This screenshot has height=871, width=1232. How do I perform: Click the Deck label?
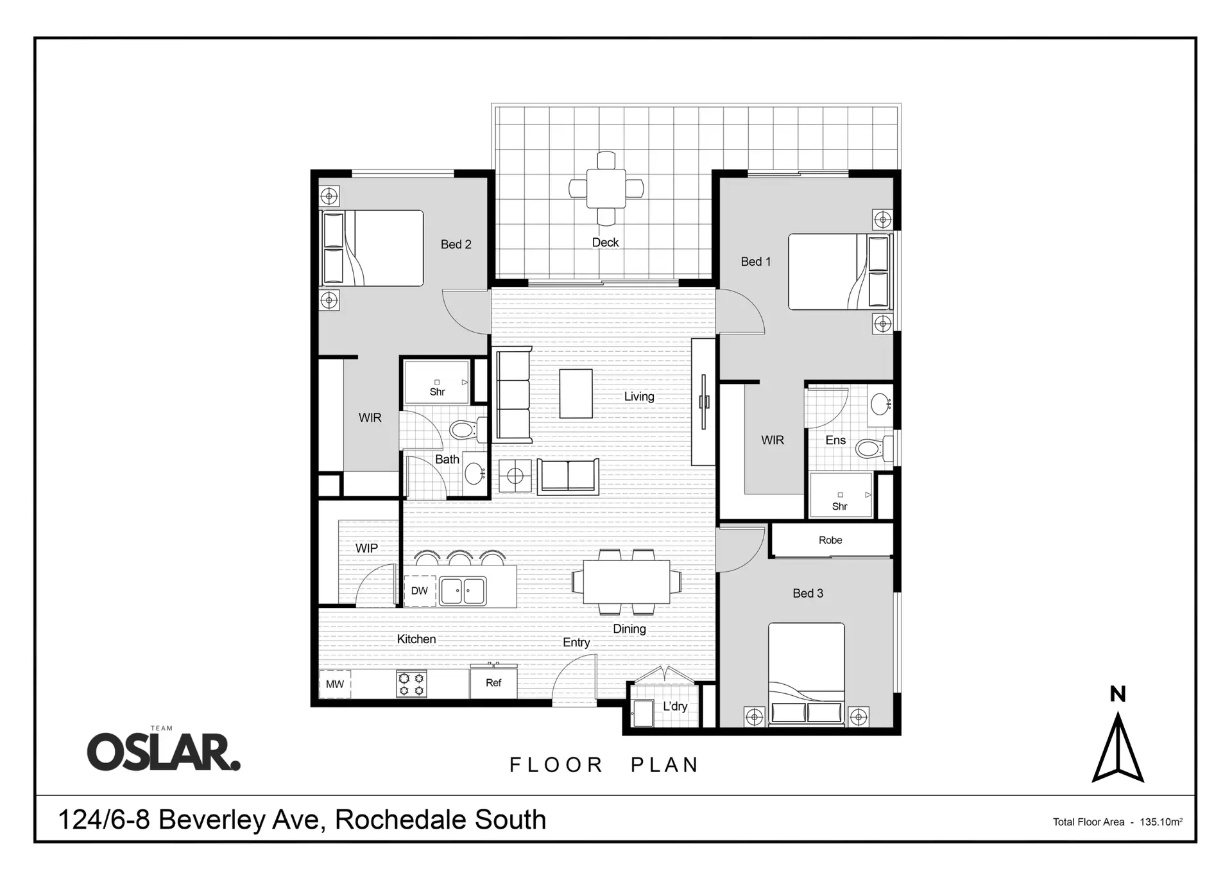click(605, 243)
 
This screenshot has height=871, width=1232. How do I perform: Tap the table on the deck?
click(606, 189)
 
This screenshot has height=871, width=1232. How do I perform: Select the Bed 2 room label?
click(456, 245)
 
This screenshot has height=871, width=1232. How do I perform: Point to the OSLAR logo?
click(164, 752)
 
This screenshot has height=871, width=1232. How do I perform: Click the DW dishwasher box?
click(420, 591)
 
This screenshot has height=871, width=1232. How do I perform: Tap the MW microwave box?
click(335, 684)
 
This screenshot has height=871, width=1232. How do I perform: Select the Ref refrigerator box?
click(493, 683)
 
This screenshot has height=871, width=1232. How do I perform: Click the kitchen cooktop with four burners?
click(411, 684)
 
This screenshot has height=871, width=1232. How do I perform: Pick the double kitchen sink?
click(463, 591)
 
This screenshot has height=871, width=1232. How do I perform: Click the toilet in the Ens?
click(871, 448)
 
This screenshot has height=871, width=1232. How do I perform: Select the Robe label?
click(830, 540)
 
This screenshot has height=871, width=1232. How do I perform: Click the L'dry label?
click(675, 707)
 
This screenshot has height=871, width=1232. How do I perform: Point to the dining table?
click(626, 582)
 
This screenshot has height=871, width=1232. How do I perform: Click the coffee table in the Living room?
click(576, 393)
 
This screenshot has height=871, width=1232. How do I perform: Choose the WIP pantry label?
click(366, 549)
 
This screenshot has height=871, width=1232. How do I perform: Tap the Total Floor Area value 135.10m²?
click(1161, 822)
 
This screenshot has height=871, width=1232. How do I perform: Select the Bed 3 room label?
click(808, 594)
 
